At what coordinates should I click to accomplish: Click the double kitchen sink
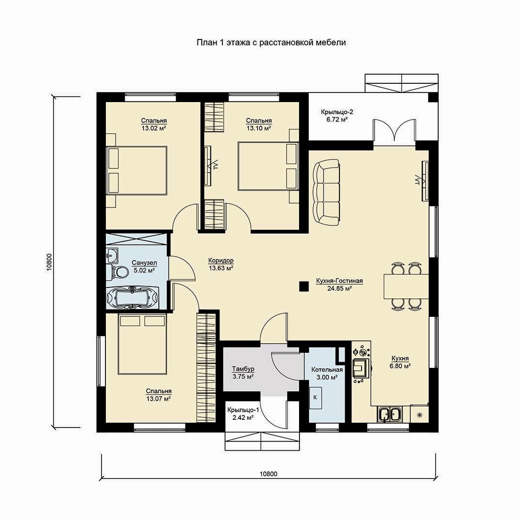pos(389,415)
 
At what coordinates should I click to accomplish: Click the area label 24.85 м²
pos(339,288)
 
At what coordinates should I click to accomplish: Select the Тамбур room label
pos(243,369)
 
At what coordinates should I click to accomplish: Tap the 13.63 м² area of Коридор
pos(221,268)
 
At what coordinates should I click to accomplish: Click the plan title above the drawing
pos(271,42)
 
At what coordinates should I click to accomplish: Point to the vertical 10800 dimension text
pos(50,262)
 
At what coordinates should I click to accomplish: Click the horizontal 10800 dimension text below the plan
pos(268,474)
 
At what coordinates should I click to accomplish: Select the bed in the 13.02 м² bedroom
pos(137,170)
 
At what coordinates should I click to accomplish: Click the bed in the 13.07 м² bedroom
pos(143,345)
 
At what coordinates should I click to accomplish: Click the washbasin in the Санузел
pos(112,255)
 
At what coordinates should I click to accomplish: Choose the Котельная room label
pos(327,369)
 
